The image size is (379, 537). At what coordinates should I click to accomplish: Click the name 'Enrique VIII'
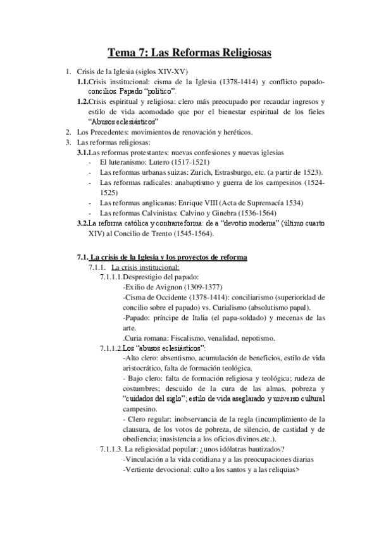201,202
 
